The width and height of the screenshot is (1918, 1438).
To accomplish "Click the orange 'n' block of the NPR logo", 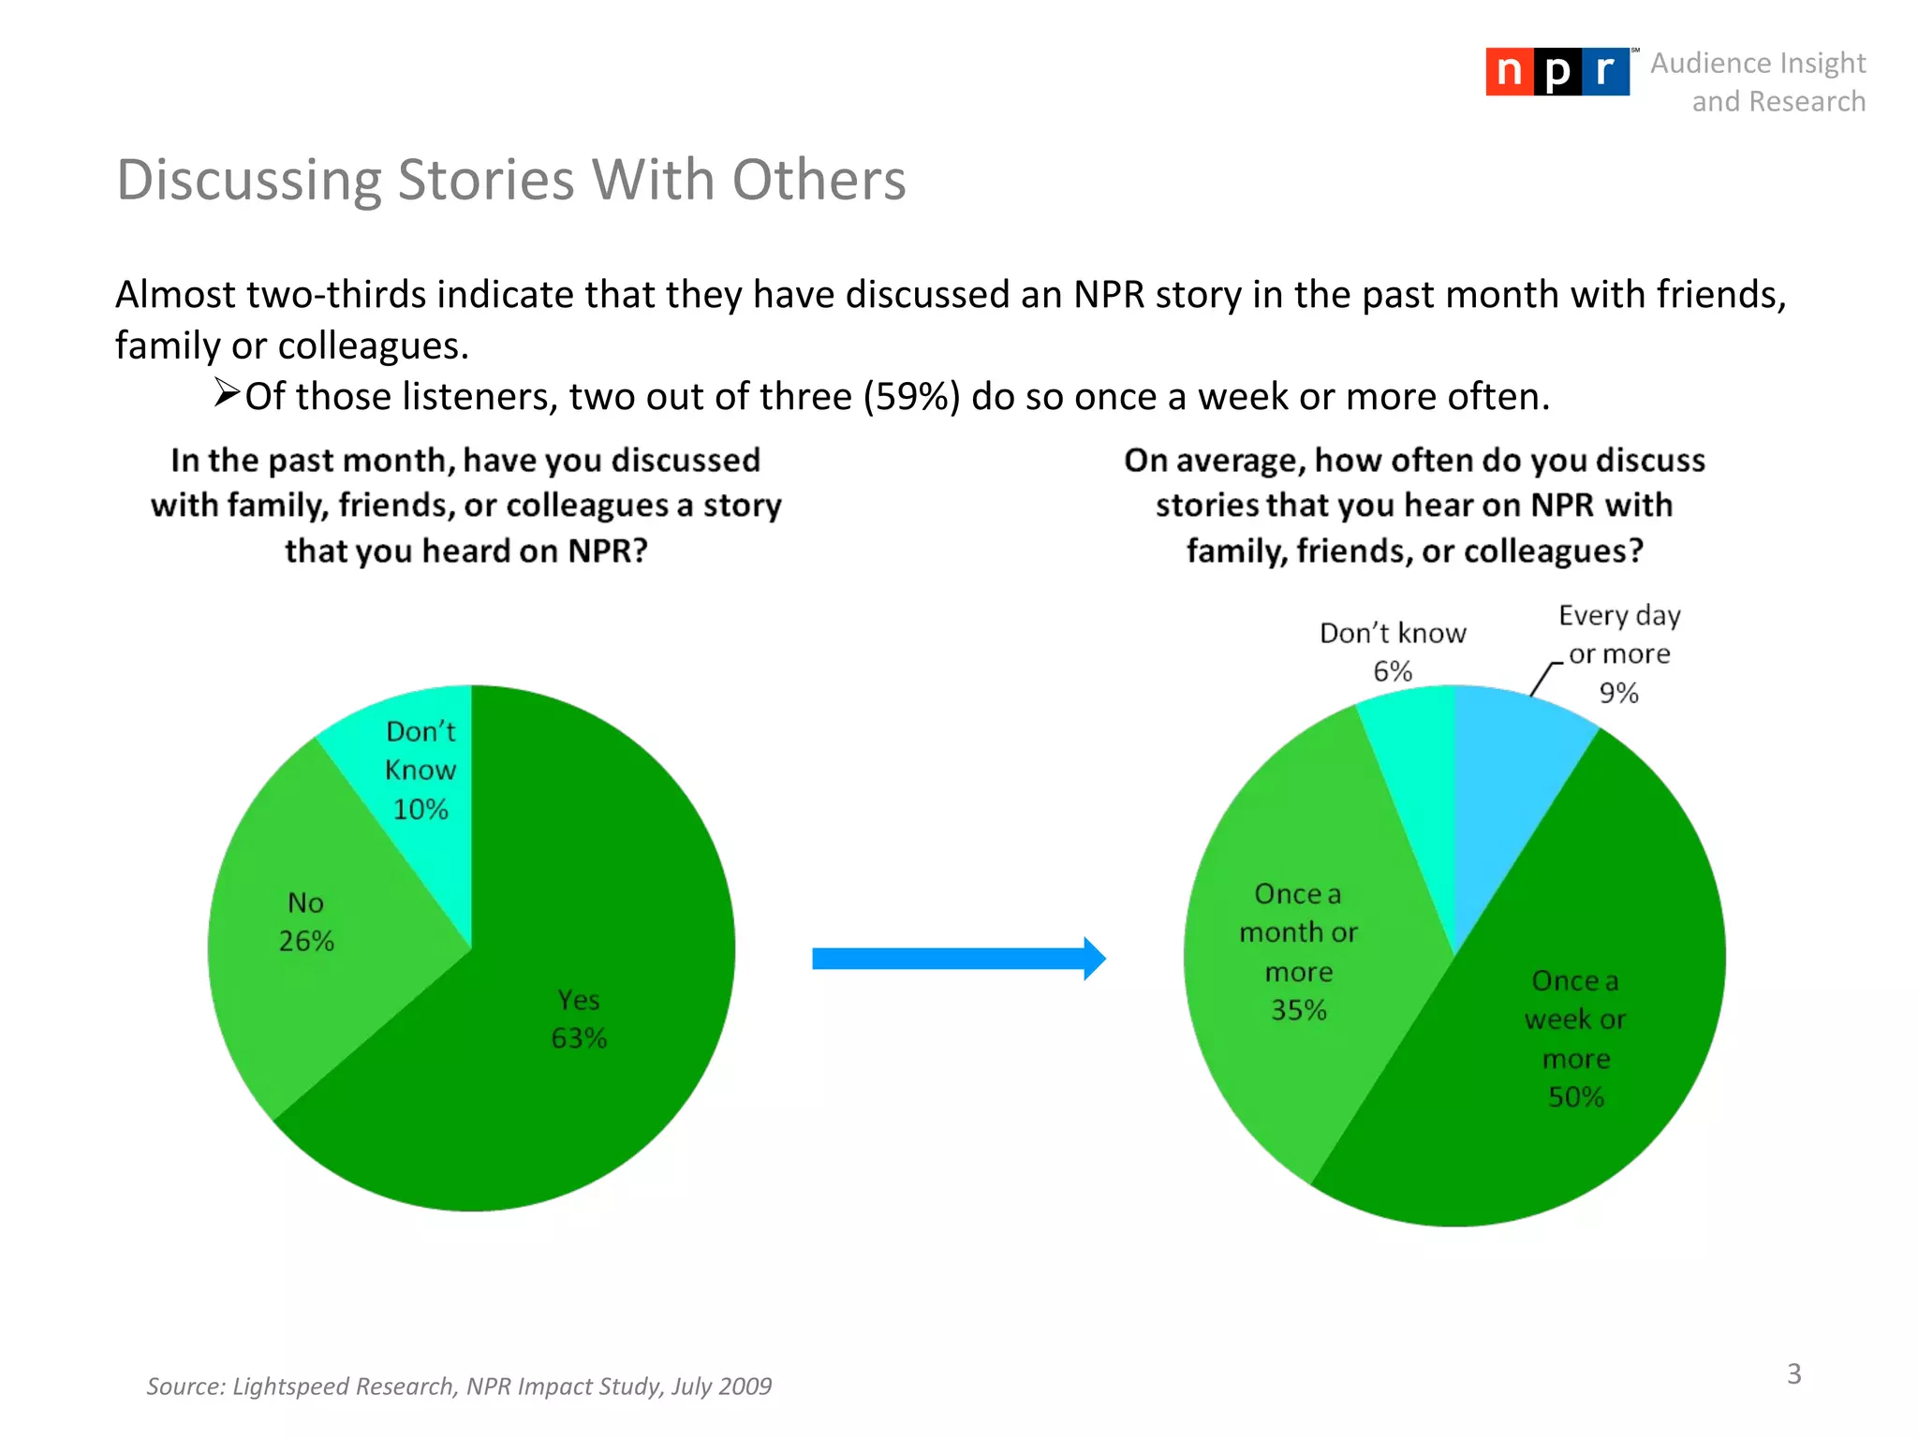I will [1509, 72].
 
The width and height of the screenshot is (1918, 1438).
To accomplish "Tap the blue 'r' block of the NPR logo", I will [1605, 72].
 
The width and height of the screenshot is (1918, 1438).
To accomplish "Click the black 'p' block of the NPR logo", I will [1557, 72].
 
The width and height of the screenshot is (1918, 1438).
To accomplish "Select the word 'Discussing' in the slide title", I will [248, 180].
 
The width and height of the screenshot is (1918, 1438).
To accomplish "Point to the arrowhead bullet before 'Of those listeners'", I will [226, 392].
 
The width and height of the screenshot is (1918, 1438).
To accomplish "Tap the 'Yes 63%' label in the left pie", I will [579, 1019].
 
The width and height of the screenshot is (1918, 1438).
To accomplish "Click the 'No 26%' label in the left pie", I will [306, 922].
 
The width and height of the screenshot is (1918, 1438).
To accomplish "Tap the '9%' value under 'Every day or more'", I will [1618, 693].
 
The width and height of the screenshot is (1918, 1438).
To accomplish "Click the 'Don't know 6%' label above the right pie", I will [1393, 652].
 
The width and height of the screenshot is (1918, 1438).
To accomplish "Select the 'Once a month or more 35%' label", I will [1298, 952].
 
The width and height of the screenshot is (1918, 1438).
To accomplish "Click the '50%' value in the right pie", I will [1575, 1097].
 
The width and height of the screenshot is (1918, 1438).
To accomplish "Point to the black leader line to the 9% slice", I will [1543, 678].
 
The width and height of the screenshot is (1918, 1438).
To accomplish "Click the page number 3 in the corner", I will [1793, 1373].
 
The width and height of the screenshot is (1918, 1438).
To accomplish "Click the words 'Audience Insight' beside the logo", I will [1758, 63].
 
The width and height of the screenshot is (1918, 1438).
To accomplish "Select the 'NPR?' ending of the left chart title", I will [608, 550].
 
